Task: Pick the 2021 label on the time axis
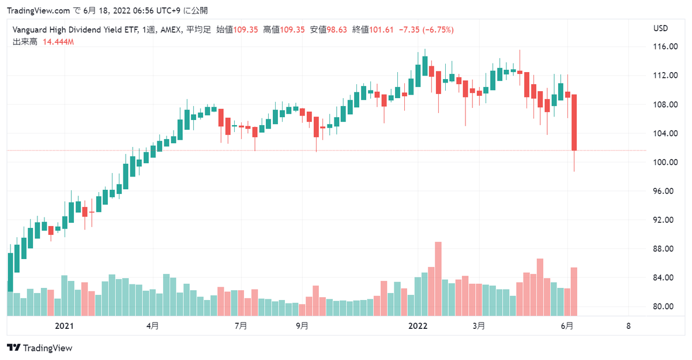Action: click(64, 326)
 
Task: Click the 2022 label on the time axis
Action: click(418, 326)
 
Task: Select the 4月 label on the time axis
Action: click(153, 326)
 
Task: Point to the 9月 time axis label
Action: click(302, 326)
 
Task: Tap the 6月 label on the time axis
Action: click(567, 326)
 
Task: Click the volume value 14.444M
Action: click(58, 42)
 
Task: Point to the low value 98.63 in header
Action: click(335, 29)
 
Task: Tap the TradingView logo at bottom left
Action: click(40, 348)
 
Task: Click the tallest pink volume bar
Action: click(438, 279)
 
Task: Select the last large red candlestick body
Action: click(574, 122)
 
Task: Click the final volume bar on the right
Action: click(574, 291)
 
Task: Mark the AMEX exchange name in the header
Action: click(169, 29)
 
